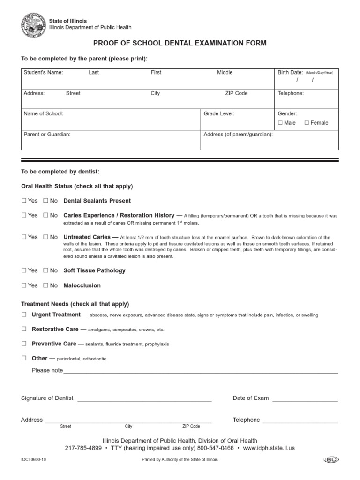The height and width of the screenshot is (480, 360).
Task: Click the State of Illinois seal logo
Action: [x=33, y=24]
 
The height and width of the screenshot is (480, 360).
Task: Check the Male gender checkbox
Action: [x=280, y=123]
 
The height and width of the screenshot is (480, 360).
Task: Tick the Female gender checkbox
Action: [x=307, y=123]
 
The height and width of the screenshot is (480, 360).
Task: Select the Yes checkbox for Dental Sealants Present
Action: [x=23, y=201]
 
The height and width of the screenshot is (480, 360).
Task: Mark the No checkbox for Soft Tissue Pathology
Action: [x=46, y=270]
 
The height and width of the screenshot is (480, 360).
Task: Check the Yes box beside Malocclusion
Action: [x=23, y=285]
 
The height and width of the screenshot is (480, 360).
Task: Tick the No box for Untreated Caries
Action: [x=46, y=237]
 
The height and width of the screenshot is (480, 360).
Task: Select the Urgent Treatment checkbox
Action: [x=23, y=315]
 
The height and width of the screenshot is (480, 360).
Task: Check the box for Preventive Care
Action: [x=23, y=344]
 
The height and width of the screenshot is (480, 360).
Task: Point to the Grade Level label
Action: [x=219, y=113]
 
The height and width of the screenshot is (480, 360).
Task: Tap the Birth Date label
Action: [x=290, y=73]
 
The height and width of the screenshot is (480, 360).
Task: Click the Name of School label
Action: [x=43, y=113]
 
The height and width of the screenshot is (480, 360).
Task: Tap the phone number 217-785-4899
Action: [x=83, y=448]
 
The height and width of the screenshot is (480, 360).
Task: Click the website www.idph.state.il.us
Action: [x=269, y=448]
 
